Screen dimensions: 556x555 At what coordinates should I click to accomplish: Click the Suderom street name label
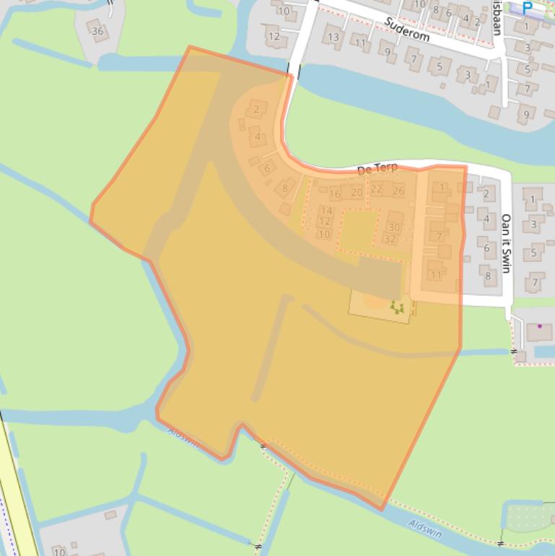[x=408, y=30]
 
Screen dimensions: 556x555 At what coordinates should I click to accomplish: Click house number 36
[x=97, y=31]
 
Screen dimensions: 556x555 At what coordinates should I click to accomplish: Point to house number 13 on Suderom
[x=333, y=37]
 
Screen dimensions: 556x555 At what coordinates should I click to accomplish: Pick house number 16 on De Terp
[x=335, y=194]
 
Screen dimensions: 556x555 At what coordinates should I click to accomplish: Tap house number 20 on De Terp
[x=357, y=193]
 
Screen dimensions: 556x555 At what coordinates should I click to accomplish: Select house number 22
[x=376, y=189]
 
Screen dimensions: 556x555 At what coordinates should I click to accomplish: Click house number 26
[x=398, y=191]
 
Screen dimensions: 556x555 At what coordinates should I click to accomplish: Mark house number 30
[x=393, y=227]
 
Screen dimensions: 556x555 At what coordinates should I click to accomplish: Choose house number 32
[x=390, y=238]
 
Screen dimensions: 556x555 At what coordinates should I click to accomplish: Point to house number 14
[x=326, y=211]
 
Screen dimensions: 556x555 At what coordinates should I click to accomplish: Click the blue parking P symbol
[x=528, y=8]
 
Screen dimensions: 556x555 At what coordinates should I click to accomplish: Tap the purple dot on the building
[x=539, y=326]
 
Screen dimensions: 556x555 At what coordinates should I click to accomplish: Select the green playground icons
[x=396, y=308]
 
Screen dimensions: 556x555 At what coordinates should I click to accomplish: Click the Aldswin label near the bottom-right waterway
[x=425, y=529]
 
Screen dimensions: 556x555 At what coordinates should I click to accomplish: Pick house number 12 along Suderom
[x=274, y=35]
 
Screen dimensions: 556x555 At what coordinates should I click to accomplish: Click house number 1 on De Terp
[x=442, y=188]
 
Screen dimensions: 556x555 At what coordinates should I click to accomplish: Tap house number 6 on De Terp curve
[x=267, y=168]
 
